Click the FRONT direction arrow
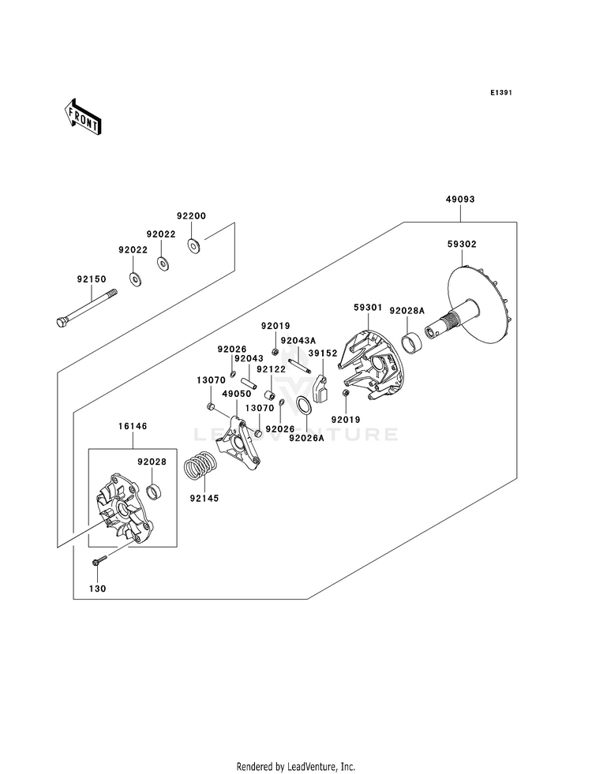(x=84, y=116)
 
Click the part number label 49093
(x=459, y=200)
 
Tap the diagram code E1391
(x=500, y=93)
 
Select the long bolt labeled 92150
(x=86, y=308)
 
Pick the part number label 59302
(x=462, y=244)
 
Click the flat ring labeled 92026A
(x=304, y=407)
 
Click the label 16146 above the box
(x=132, y=426)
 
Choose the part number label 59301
(x=368, y=308)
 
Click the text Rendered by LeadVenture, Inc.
(x=296, y=767)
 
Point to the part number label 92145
(x=204, y=499)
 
